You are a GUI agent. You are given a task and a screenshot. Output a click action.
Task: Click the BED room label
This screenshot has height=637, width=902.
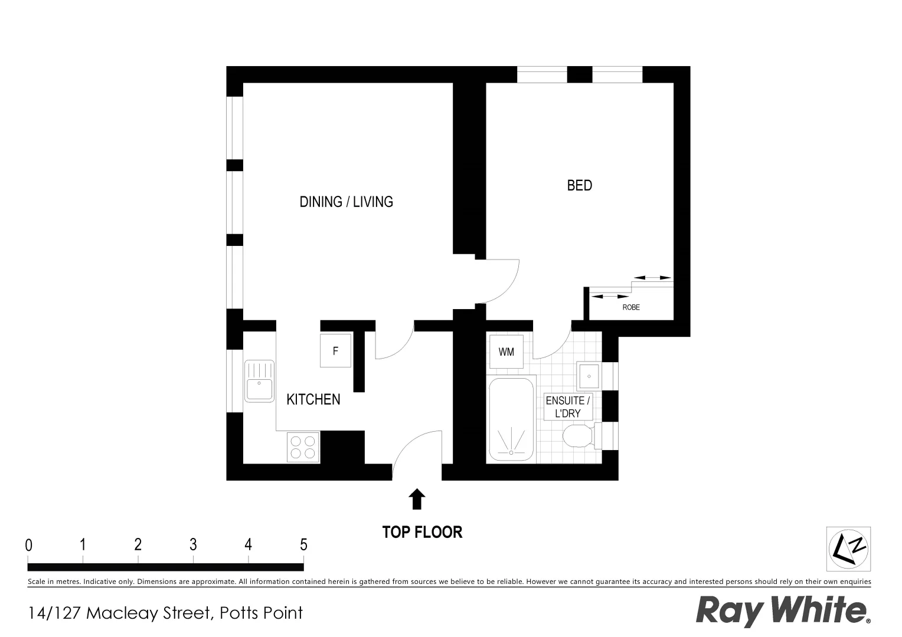[x=579, y=185]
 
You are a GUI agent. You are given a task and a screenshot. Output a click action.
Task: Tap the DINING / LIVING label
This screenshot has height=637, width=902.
[x=346, y=202]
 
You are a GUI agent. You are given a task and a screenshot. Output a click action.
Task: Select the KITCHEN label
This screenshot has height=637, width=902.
[x=313, y=399]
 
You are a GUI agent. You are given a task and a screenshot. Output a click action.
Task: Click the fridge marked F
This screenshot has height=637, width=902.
[x=335, y=351]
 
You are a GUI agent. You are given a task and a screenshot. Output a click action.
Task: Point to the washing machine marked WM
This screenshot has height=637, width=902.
[x=506, y=352]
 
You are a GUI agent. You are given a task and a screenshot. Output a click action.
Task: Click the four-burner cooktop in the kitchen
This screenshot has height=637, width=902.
[x=303, y=447]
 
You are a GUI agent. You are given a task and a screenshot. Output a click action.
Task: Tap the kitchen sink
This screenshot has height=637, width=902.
[x=259, y=382]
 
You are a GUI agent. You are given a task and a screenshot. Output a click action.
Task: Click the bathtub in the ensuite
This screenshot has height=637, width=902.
[x=511, y=420]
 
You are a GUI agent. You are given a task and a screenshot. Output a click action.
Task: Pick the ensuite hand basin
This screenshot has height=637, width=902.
[x=589, y=376]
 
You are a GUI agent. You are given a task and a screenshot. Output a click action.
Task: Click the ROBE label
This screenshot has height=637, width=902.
[x=631, y=307]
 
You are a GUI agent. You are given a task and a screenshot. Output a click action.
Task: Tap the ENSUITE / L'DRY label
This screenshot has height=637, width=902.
[x=567, y=407]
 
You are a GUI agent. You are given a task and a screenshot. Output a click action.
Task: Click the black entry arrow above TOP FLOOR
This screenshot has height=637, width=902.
[x=417, y=499]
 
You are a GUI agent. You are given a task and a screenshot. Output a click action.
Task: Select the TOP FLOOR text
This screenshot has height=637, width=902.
[x=422, y=532]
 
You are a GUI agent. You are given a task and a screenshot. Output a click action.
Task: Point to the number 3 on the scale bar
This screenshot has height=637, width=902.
[x=193, y=544]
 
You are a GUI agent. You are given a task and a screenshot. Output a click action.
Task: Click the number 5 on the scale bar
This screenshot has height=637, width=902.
[x=303, y=544]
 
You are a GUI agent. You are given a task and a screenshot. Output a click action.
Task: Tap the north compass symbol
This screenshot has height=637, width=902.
[x=848, y=549]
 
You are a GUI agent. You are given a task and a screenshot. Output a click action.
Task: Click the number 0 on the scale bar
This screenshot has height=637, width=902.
[x=29, y=546]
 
